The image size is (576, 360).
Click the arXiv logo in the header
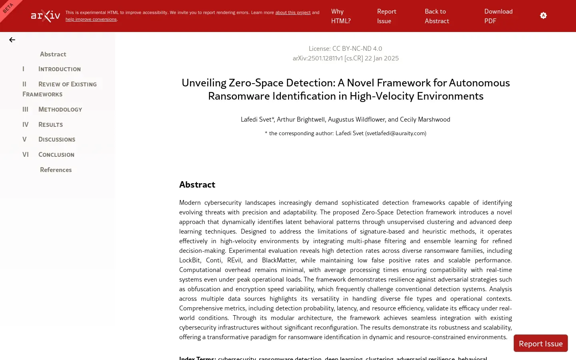pos(46,16)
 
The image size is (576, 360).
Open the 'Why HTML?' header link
pos(341,16)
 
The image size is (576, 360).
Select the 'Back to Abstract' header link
pos(437,16)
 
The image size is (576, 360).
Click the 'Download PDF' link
pos(498,16)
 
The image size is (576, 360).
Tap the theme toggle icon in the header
pos(543,16)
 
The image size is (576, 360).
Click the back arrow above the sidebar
pos(12,40)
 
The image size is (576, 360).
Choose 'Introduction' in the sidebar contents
pos(59,69)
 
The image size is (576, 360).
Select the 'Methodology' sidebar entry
pos(60,110)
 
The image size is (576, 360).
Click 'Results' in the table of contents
pos(50,125)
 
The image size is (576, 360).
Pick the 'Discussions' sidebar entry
pos(56,140)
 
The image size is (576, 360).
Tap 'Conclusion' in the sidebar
pos(56,155)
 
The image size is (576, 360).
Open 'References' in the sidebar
pos(56,170)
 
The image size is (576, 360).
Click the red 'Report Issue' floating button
pos(540,344)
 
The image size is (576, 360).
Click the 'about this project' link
pos(293,13)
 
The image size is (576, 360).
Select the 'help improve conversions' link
pos(91,20)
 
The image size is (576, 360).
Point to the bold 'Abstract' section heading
pos(197,185)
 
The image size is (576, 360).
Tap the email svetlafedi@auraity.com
pos(396,134)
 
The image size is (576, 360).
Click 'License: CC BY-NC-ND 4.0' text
pos(345,49)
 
